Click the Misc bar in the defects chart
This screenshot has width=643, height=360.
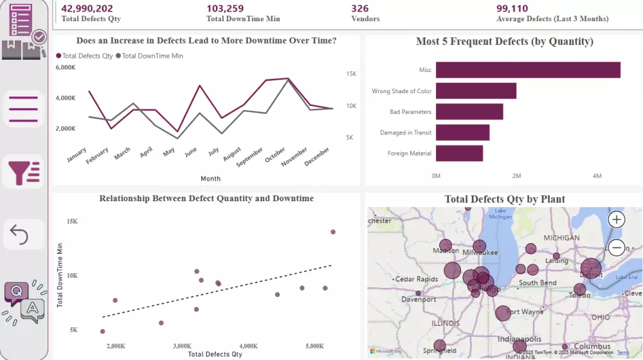click(x=527, y=69)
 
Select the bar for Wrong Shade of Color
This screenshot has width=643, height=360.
click(x=476, y=91)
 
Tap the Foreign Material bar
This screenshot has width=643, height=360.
click(x=459, y=153)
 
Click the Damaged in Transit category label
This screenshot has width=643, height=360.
click(x=406, y=132)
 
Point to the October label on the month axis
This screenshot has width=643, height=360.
click(x=276, y=155)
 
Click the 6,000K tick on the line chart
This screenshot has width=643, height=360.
click(x=66, y=67)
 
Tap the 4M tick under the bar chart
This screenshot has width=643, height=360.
click(x=597, y=175)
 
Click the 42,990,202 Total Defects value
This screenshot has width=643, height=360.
click(x=87, y=8)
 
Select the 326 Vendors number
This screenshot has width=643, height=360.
click(x=360, y=8)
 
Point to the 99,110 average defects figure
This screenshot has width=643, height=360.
click(x=512, y=8)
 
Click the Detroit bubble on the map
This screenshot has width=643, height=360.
click(x=591, y=269)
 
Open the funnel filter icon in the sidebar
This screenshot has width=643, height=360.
click(x=24, y=172)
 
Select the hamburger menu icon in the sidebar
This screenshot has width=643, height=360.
click(x=24, y=109)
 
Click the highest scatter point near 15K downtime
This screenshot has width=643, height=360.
click(x=333, y=232)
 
